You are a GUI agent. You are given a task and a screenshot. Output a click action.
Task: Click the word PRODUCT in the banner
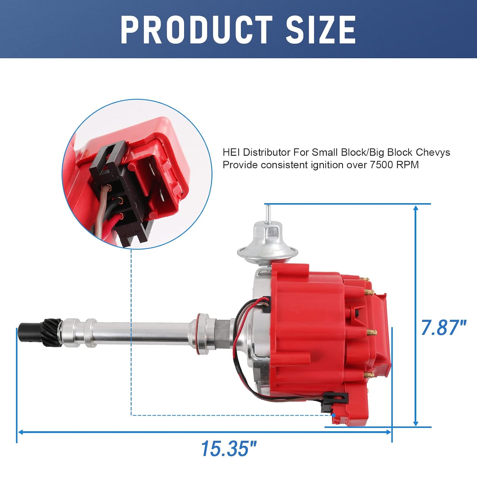point(197,30)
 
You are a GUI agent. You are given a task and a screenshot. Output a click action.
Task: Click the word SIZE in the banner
point(321,30)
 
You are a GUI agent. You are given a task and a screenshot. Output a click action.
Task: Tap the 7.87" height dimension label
point(443,328)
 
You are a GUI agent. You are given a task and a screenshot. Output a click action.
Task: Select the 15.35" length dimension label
point(228,448)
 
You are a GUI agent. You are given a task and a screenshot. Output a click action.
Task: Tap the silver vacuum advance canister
point(268,242)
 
